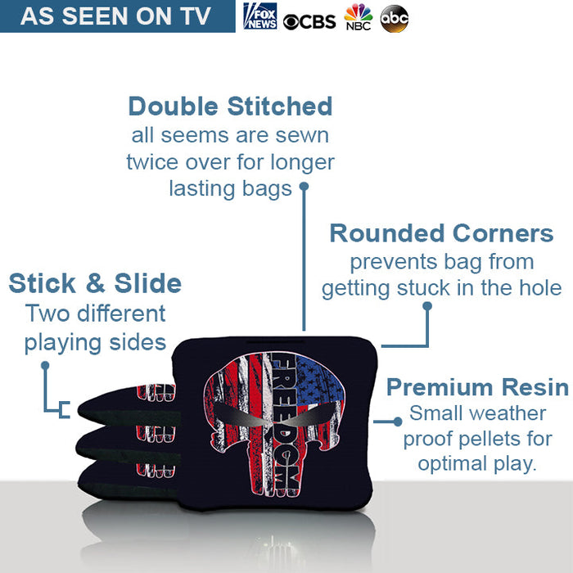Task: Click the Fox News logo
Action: coord(260,16)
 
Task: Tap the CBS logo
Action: coord(309,20)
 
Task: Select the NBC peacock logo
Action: coord(358,17)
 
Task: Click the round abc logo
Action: coord(395,18)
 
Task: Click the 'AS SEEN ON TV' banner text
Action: coord(115,16)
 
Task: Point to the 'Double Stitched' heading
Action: coord(230,106)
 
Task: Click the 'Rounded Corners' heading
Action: coord(441,233)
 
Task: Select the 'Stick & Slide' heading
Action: coord(95,284)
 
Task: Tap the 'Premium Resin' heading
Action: coord(477,386)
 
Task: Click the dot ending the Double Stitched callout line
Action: coord(304,187)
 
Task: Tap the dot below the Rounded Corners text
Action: coord(426,307)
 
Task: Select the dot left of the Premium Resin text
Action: coord(399,421)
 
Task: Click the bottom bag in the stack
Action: coord(123,479)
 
